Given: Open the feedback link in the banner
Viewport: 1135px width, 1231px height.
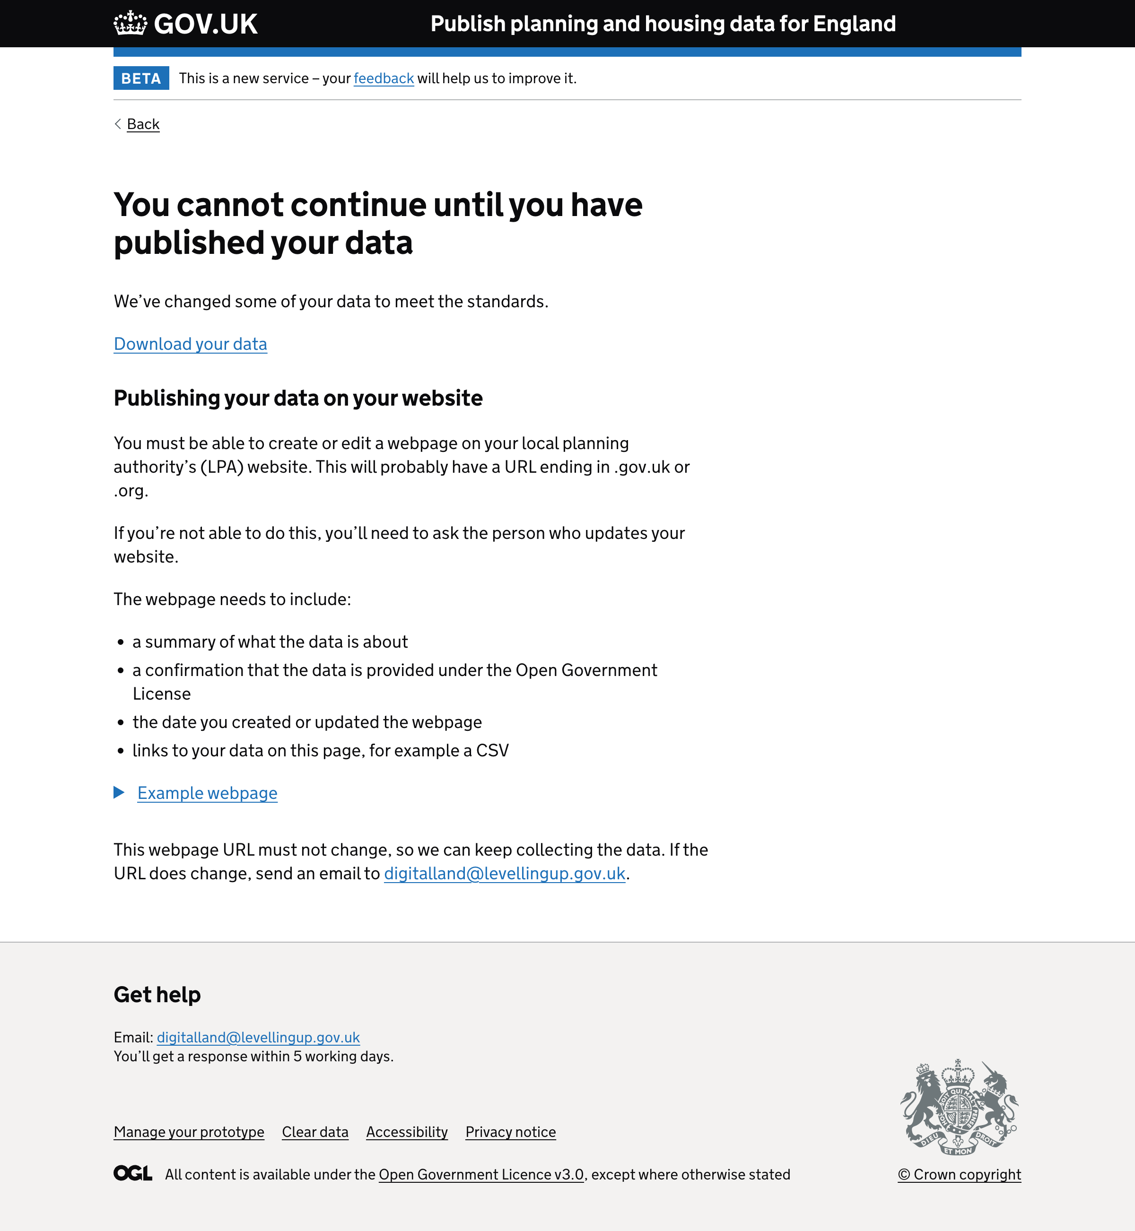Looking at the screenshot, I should click(x=383, y=78).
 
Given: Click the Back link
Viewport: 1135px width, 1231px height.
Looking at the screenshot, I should click(x=142, y=124).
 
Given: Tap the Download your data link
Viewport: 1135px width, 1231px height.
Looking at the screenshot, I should click(x=191, y=344).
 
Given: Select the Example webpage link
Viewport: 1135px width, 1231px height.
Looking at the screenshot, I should click(x=207, y=793).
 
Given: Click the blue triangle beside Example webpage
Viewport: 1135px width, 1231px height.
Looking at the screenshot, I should click(x=119, y=793).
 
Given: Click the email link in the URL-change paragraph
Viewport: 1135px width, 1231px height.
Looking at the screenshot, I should click(x=504, y=873).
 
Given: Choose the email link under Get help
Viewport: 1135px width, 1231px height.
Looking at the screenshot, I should click(x=258, y=1037).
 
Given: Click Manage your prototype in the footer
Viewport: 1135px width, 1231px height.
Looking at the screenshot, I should click(x=189, y=1132).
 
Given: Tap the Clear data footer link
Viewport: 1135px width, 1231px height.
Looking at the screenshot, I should click(x=315, y=1132).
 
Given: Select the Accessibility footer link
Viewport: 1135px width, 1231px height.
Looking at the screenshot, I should click(x=407, y=1132).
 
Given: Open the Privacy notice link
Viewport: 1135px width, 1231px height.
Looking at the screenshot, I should click(x=510, y=1132).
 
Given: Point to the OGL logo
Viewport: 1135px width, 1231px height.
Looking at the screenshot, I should click(x=133, y=1173).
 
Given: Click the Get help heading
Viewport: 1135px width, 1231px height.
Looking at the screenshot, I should click(x=157, y=995).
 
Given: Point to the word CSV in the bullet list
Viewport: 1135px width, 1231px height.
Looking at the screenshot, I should click(x=492, y=750).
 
